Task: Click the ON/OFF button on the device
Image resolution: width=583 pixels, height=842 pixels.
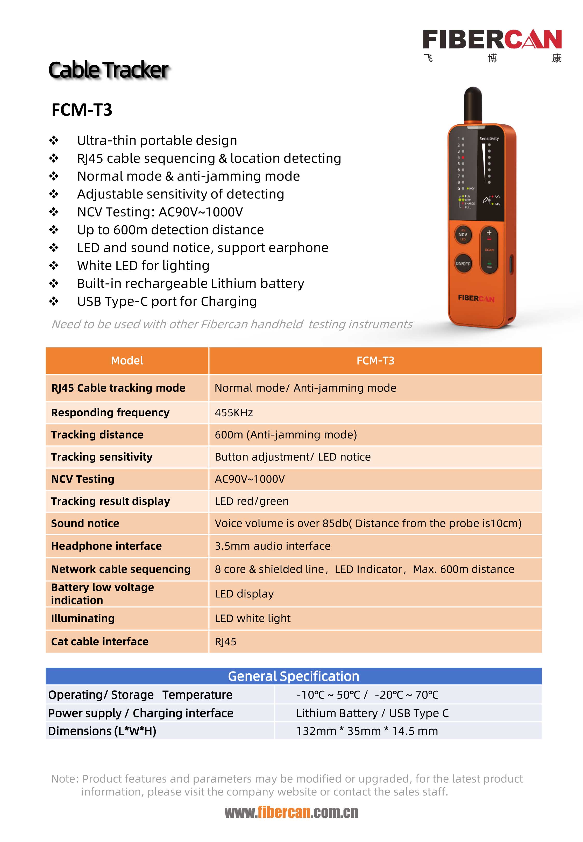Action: point(463,263)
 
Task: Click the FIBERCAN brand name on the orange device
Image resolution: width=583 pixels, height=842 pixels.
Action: point(476,298)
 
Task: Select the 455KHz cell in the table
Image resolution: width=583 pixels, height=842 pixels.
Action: point(234,413)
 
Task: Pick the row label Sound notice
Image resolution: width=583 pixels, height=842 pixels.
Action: point(85,523)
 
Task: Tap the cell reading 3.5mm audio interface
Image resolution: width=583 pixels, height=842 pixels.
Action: point(273,546)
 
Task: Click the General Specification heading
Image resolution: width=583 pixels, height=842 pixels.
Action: point(293,676)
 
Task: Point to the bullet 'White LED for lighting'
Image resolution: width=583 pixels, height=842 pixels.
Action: point(143,266)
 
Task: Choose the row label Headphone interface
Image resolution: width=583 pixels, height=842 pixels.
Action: point(106,546)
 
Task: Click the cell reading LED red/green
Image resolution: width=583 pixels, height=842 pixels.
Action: point(252,501)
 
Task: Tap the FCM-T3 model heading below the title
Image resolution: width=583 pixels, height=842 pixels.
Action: point(82,110)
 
